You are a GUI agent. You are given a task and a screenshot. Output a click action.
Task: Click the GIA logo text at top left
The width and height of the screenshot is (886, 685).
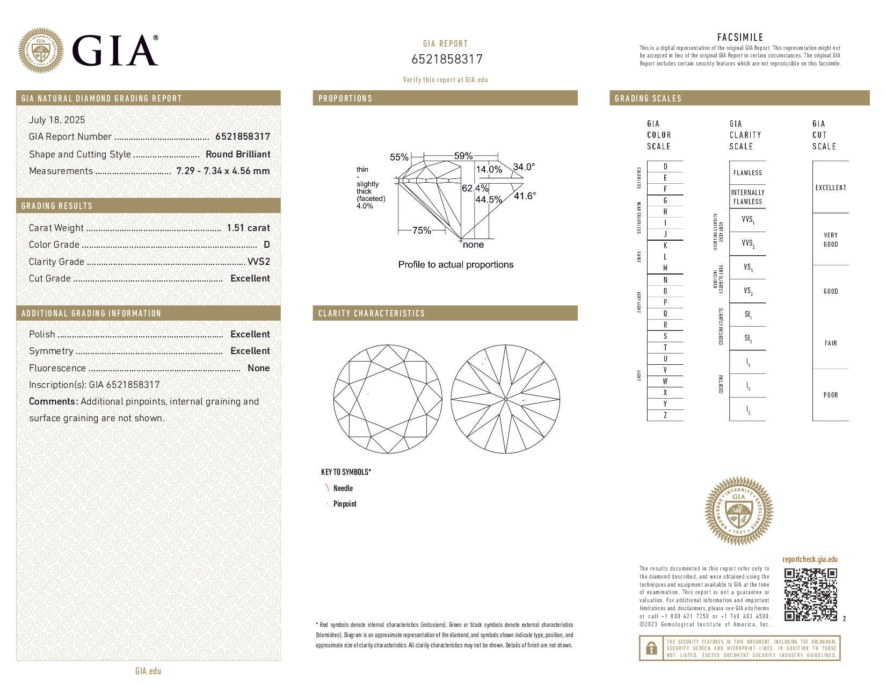pyautogui.click(x=114, y=51)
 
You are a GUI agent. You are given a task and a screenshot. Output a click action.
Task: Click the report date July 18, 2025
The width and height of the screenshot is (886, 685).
pyautogui.click(x=57, y=120)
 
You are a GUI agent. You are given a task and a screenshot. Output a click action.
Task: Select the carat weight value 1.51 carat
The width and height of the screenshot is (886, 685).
pyautogui.click(x=248, y=228)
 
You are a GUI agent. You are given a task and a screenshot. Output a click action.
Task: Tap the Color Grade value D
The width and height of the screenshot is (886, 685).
pyautogui.click(x=267, y=244)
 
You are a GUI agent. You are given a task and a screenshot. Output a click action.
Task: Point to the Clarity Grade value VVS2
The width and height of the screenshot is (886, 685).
pyautogui.click(x=258, y=262)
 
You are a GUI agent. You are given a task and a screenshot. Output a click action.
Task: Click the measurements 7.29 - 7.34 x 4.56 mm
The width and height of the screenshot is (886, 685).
pyautogui.click(x=223, y=171)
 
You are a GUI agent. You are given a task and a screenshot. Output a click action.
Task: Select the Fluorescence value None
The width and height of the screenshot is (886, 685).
pyautogui.click(x=258, y=368)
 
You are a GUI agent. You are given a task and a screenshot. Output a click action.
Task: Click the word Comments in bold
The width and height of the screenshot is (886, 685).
pyautogui.click(x=53, y=401)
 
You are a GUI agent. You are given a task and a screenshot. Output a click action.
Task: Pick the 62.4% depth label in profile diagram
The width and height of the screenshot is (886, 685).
pyautogui.click(x=475, y=189)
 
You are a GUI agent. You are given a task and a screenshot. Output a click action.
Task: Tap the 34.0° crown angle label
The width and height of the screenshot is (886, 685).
pyautogui.click(x=524, y=167)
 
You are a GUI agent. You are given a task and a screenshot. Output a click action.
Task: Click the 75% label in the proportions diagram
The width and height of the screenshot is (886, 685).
pyautogui.click(x=422, y=230)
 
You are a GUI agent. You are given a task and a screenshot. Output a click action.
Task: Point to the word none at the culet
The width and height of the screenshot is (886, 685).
pyautogui.click(x=473, y=245)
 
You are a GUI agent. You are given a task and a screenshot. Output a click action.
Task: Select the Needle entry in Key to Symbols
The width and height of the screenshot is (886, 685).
pyautogui.click(x=343, y=488)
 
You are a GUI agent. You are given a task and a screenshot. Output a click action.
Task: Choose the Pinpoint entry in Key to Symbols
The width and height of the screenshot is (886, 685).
pyautogui.click(x=345, y=504)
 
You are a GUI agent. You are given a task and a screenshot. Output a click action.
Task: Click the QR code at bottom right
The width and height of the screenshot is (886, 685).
pyautogui.click(x=811, y=594)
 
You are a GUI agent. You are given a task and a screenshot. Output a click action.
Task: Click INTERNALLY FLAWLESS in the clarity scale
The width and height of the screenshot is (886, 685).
pyautogui.click(x=747, y=197)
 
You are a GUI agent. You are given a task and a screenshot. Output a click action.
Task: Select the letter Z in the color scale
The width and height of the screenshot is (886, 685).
pyautogui.click(x=665, y=415)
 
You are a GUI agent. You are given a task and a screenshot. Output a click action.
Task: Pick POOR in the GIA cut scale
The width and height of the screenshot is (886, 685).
pyautogui.click(x=831, y=395)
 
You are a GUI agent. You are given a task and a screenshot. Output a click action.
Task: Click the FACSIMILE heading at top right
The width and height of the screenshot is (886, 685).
pyautogui.click(x=740, y=37)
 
